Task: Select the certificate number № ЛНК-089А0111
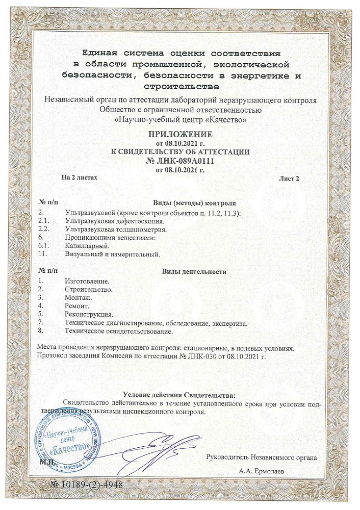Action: pyautogui.click(x=179, y=161)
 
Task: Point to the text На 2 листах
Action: pyautogui.click(x=79, y=177)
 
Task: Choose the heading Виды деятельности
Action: pyautogui.click(x=194, y=271)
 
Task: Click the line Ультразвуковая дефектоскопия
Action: pyautogui.click(x=114, y=221)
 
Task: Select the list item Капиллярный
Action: pyautogui.click(x=84, y=246)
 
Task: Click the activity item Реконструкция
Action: pyautogui.click(x=89, y=315)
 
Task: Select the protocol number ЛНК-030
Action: pyautogui.click(x=203, y=355)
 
